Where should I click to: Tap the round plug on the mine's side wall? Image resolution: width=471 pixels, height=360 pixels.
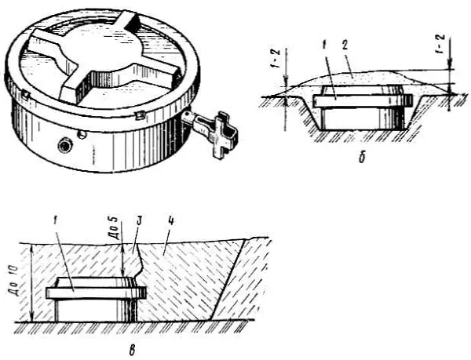[66, 146]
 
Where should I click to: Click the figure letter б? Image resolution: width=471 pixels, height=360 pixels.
[363, 157]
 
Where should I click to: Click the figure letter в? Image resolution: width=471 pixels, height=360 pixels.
[133, 350]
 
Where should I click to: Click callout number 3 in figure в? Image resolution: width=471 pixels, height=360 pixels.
[141, 221]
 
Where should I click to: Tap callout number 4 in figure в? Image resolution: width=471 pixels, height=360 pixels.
[170, 221]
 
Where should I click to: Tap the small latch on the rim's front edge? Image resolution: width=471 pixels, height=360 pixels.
[140, 115]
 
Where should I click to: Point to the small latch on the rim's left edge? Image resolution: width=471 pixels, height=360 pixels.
[25, 94]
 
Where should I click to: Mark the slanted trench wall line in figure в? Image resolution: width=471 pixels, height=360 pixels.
[228, 279]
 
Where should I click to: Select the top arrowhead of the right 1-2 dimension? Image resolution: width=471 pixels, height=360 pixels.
[450, 64]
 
